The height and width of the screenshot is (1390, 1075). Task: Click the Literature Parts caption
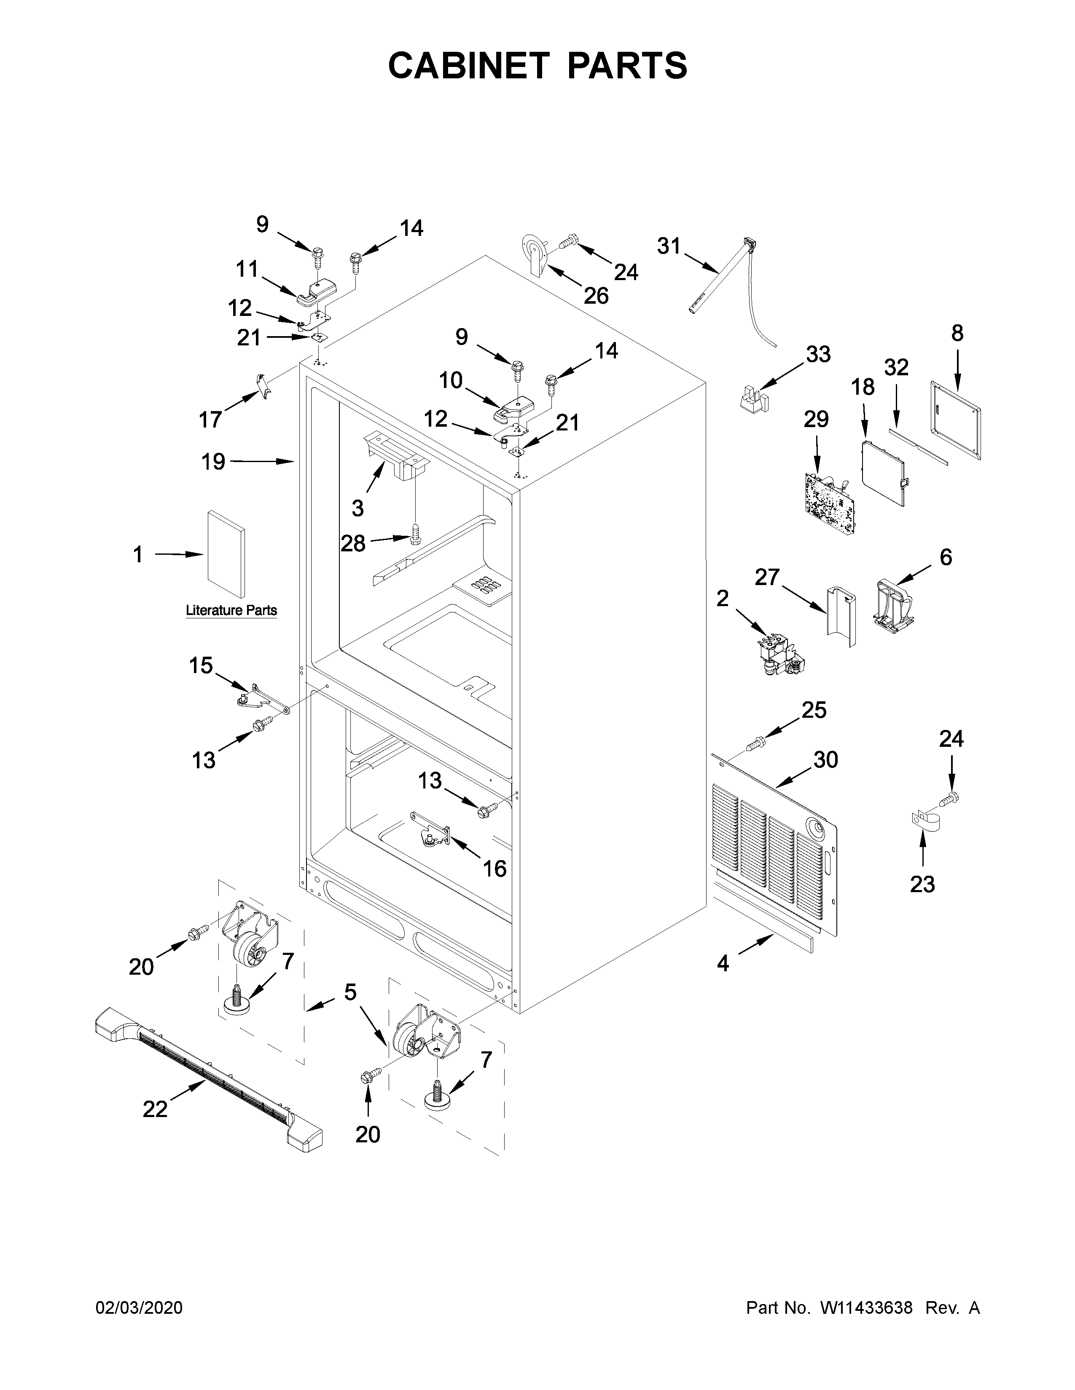pos(231,610)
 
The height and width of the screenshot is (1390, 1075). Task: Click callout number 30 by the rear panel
pos(825,759)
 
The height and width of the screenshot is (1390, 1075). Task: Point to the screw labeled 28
pos(415,533)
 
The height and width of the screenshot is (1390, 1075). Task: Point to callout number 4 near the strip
pos(723,964)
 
